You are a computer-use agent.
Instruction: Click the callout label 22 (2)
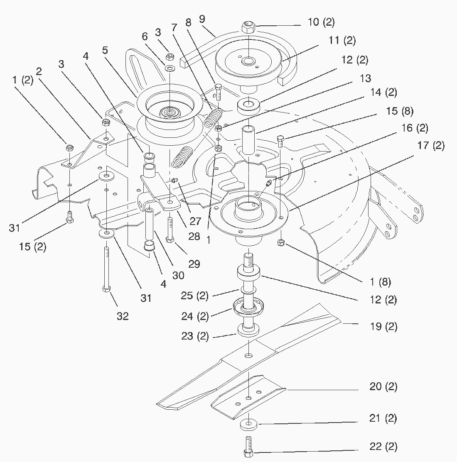[x=383, y=447]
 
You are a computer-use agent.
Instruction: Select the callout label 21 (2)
[x=383, y=418]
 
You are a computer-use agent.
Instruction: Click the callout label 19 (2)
[x=383, y=327]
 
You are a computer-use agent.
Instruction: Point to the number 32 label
[x=123, y=316]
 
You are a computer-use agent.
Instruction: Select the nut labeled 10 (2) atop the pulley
[x=248, y=27]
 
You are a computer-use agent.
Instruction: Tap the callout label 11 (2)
[x=342, y=41]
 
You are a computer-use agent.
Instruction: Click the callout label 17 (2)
[x=430, y=146]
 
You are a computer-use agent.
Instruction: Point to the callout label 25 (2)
[x=194, y=296]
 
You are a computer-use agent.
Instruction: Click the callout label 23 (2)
[x=194, y=336]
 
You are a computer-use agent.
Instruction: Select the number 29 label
[x=194, y=264]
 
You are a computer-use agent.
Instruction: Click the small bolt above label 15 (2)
[x=69, y=217]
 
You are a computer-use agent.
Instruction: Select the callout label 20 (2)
[x=383, y=386]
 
